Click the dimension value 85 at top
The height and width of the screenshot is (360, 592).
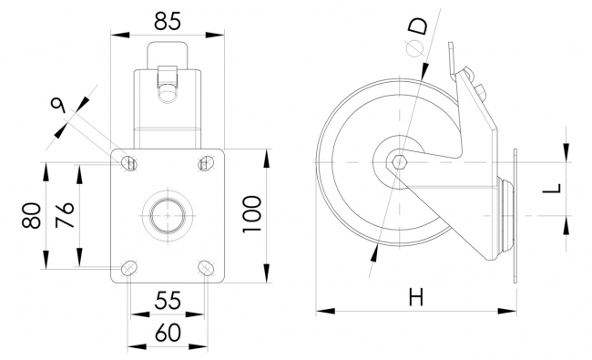click(x=168, y=21)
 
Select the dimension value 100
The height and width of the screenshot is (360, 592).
click(x=251, y=214)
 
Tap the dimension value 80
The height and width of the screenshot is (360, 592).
click(x=32, y=215)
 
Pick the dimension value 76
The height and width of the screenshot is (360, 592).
click(x=65, y=214)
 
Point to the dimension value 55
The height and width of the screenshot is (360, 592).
click(x=168, y=301)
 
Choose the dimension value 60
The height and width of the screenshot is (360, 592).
click(x=168, y=333)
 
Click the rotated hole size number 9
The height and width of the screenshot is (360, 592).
click(x=58, y=105)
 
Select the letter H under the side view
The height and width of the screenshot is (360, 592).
click(x=416, y=296)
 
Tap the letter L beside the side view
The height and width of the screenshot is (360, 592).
click(x=552, y=188)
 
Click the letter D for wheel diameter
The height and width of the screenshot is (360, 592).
click(x=419, y=26)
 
